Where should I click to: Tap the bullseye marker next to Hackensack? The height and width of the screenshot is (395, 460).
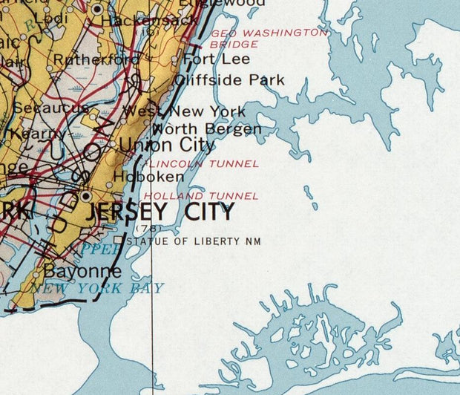[x=99, y=8]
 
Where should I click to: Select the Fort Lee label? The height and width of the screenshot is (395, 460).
[x=209, y=59]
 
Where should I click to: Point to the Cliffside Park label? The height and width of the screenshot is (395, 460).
[x=220, y=79]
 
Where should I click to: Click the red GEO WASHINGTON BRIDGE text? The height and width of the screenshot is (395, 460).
[x=267, y=39]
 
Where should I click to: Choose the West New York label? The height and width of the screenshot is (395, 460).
[x=184, y=111]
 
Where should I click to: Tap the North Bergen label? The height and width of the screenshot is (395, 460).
[x=207, y=129]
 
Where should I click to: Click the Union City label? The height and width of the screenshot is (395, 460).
[x=167, y=145]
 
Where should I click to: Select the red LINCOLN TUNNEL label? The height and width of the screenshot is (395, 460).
[x=203, y=163]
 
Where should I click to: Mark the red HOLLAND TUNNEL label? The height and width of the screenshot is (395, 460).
[x=201, y=196]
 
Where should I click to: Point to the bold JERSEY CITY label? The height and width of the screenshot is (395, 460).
[x=161, y=212]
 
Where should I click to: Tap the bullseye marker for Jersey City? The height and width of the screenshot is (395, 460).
[x=87, y=196]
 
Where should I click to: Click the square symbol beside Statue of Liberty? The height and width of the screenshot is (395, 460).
[x=117, y=240]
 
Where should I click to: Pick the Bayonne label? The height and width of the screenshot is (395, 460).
[x=82, y=270]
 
